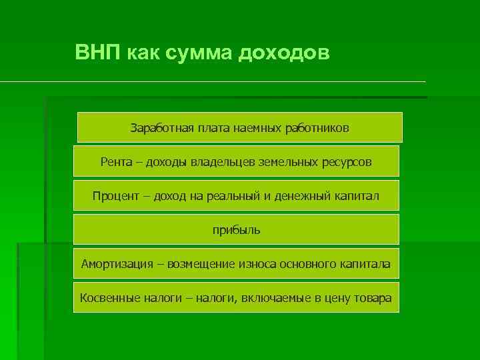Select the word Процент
click(x=117, y=196)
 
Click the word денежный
click(x=304, y=196)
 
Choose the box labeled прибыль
click(x=236, y=230)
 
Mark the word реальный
click(x=244, y=196)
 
